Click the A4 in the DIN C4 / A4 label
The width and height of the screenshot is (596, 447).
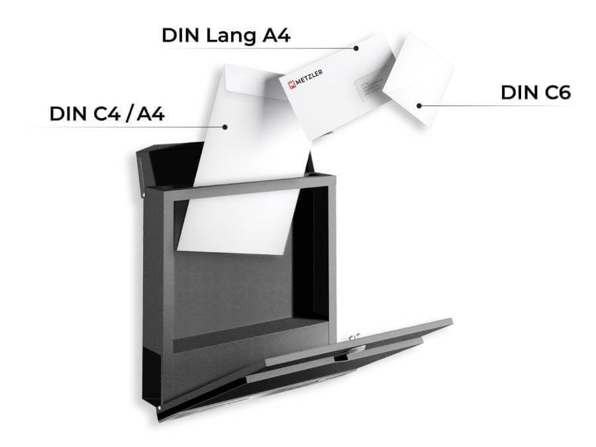pyautogui.click(x=150, y=114)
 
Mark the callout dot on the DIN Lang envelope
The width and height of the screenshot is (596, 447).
pyautogui.click(x=356, y=48)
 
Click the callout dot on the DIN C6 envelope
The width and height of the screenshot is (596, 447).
pyautogui.click(x=419, y=105)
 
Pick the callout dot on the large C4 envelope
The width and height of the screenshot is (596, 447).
pyautogui.click(x=226, y=126)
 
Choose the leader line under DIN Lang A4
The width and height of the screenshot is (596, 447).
pyautogui.click(x=265, y=48)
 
